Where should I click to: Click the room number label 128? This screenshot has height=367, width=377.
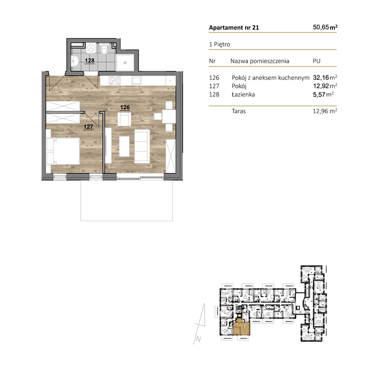(x=89, y=61)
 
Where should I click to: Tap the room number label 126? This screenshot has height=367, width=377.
(x=125, y=108)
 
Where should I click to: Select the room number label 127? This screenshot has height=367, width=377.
(x=88, y=127)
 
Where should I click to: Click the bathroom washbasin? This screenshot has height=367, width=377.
(x=75, y=61)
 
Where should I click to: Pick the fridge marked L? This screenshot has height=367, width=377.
(x=171, y=80)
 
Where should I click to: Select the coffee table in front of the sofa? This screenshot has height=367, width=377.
(x=124, y=146)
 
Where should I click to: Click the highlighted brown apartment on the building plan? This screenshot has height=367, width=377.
(x=242, y=329)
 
